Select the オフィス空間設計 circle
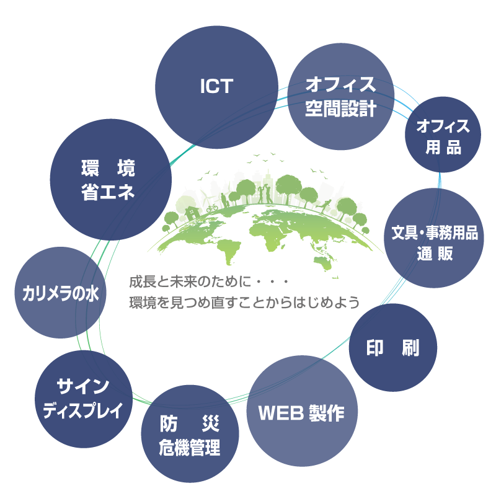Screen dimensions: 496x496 point(340,97)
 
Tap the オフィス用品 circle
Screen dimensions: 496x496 point(443,135)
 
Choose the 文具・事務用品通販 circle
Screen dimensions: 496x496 point(434,239)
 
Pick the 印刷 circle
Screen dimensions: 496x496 point(392,347)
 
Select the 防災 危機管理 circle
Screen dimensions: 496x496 point(189,434)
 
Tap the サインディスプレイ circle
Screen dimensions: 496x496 point(83,400)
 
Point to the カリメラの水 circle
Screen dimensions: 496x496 point(60,293)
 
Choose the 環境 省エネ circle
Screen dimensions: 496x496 point(110,180)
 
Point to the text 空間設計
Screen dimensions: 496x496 point(340,110)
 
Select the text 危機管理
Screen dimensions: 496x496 point(189,447)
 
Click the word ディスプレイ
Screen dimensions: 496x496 point(83,411)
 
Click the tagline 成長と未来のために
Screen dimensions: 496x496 point(188,283)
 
